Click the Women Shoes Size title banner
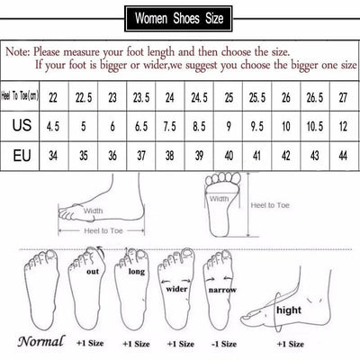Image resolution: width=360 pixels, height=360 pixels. coord(180,17)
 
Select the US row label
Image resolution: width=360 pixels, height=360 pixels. coord(22,126)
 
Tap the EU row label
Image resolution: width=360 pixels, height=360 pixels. coord(22,156)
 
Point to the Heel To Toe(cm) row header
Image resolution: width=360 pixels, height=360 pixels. coord(22,95)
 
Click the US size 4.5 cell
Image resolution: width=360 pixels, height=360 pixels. coord(55,126)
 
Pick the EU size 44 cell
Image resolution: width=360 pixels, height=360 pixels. coord(343,156)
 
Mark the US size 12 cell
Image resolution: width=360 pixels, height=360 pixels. coord(343,126)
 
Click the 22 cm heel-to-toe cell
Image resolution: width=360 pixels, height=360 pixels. coord(55,95)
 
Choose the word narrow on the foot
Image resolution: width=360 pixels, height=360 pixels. coord(222,290)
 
